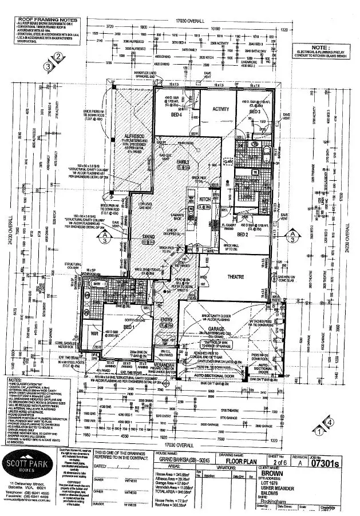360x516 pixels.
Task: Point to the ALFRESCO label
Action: coord(133,137)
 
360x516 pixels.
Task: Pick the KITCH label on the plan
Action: coord(205,199)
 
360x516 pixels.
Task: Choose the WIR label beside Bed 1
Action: coord(93,333)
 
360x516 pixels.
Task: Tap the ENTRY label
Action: coord(165,319)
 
